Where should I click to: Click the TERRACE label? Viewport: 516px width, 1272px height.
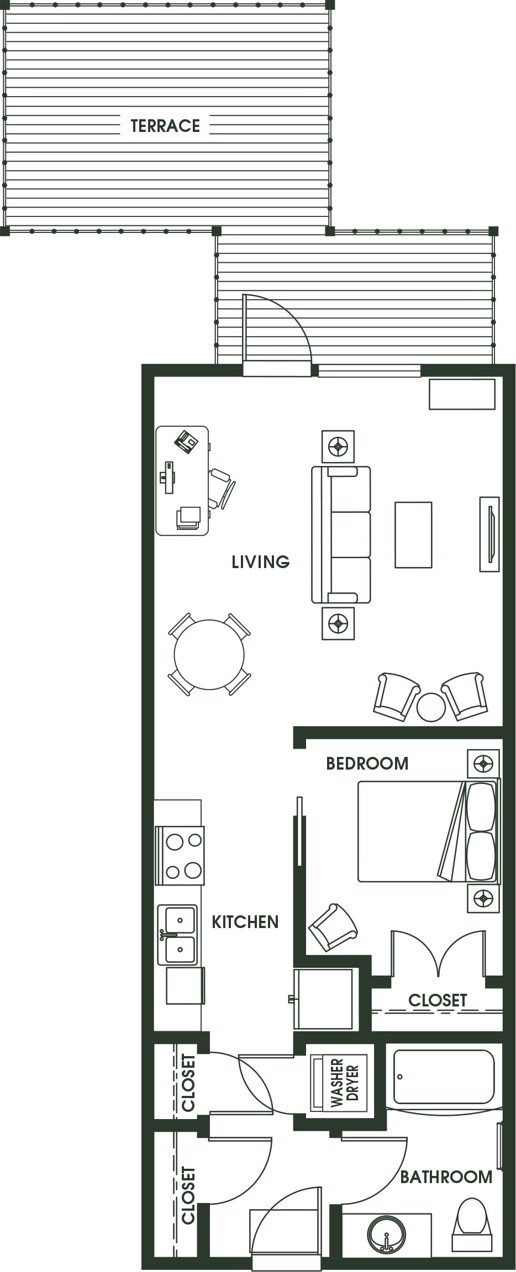coord(165,126)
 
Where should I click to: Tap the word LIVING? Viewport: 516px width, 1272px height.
coord(260,562)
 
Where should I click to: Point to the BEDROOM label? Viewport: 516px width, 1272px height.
coord(367,764)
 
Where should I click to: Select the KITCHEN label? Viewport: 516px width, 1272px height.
coord(245,922)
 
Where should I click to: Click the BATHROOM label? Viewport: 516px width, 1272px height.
coord(446,1177)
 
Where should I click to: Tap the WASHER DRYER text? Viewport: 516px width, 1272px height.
coord(345,1083)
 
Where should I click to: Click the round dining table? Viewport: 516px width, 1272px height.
coord(209,655)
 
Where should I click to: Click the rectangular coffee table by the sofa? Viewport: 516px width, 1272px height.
coord(413,534)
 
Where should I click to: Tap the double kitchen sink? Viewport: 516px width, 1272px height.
coord(178,935)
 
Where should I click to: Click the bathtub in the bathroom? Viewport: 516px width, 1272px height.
coord(444,1077)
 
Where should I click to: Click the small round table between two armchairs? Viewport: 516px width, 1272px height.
coord(431,707)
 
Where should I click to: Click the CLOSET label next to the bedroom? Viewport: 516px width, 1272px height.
coord(438,1000)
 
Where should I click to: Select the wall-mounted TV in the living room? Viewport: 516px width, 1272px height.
coord(489,534)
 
